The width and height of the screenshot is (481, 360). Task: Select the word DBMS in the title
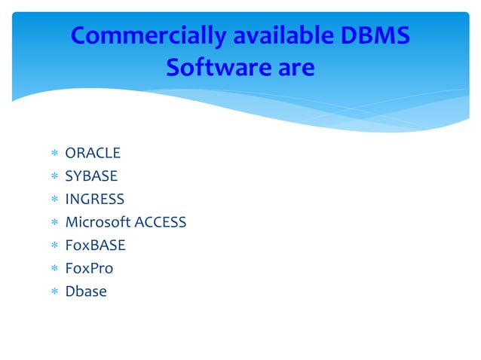(375, 36)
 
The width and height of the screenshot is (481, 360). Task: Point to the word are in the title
(292, 69)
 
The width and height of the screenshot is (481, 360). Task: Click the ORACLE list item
(93, 154)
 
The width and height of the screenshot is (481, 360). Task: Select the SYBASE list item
(91, 176)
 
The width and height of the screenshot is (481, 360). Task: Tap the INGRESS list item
(94, 200)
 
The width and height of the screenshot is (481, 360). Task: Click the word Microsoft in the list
(97, 222)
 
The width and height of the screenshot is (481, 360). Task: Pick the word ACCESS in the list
(159, 222)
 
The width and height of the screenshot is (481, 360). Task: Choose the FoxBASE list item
(95, 245)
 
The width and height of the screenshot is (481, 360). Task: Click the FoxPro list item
(89, 268)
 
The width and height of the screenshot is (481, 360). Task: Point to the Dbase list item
(86, 291)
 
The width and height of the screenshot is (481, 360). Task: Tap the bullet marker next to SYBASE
(54, 177)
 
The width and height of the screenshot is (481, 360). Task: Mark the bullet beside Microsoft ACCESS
(54, 223)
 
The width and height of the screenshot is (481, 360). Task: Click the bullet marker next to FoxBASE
(54, 246)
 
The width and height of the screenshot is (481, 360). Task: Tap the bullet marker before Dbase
(54, 291)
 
